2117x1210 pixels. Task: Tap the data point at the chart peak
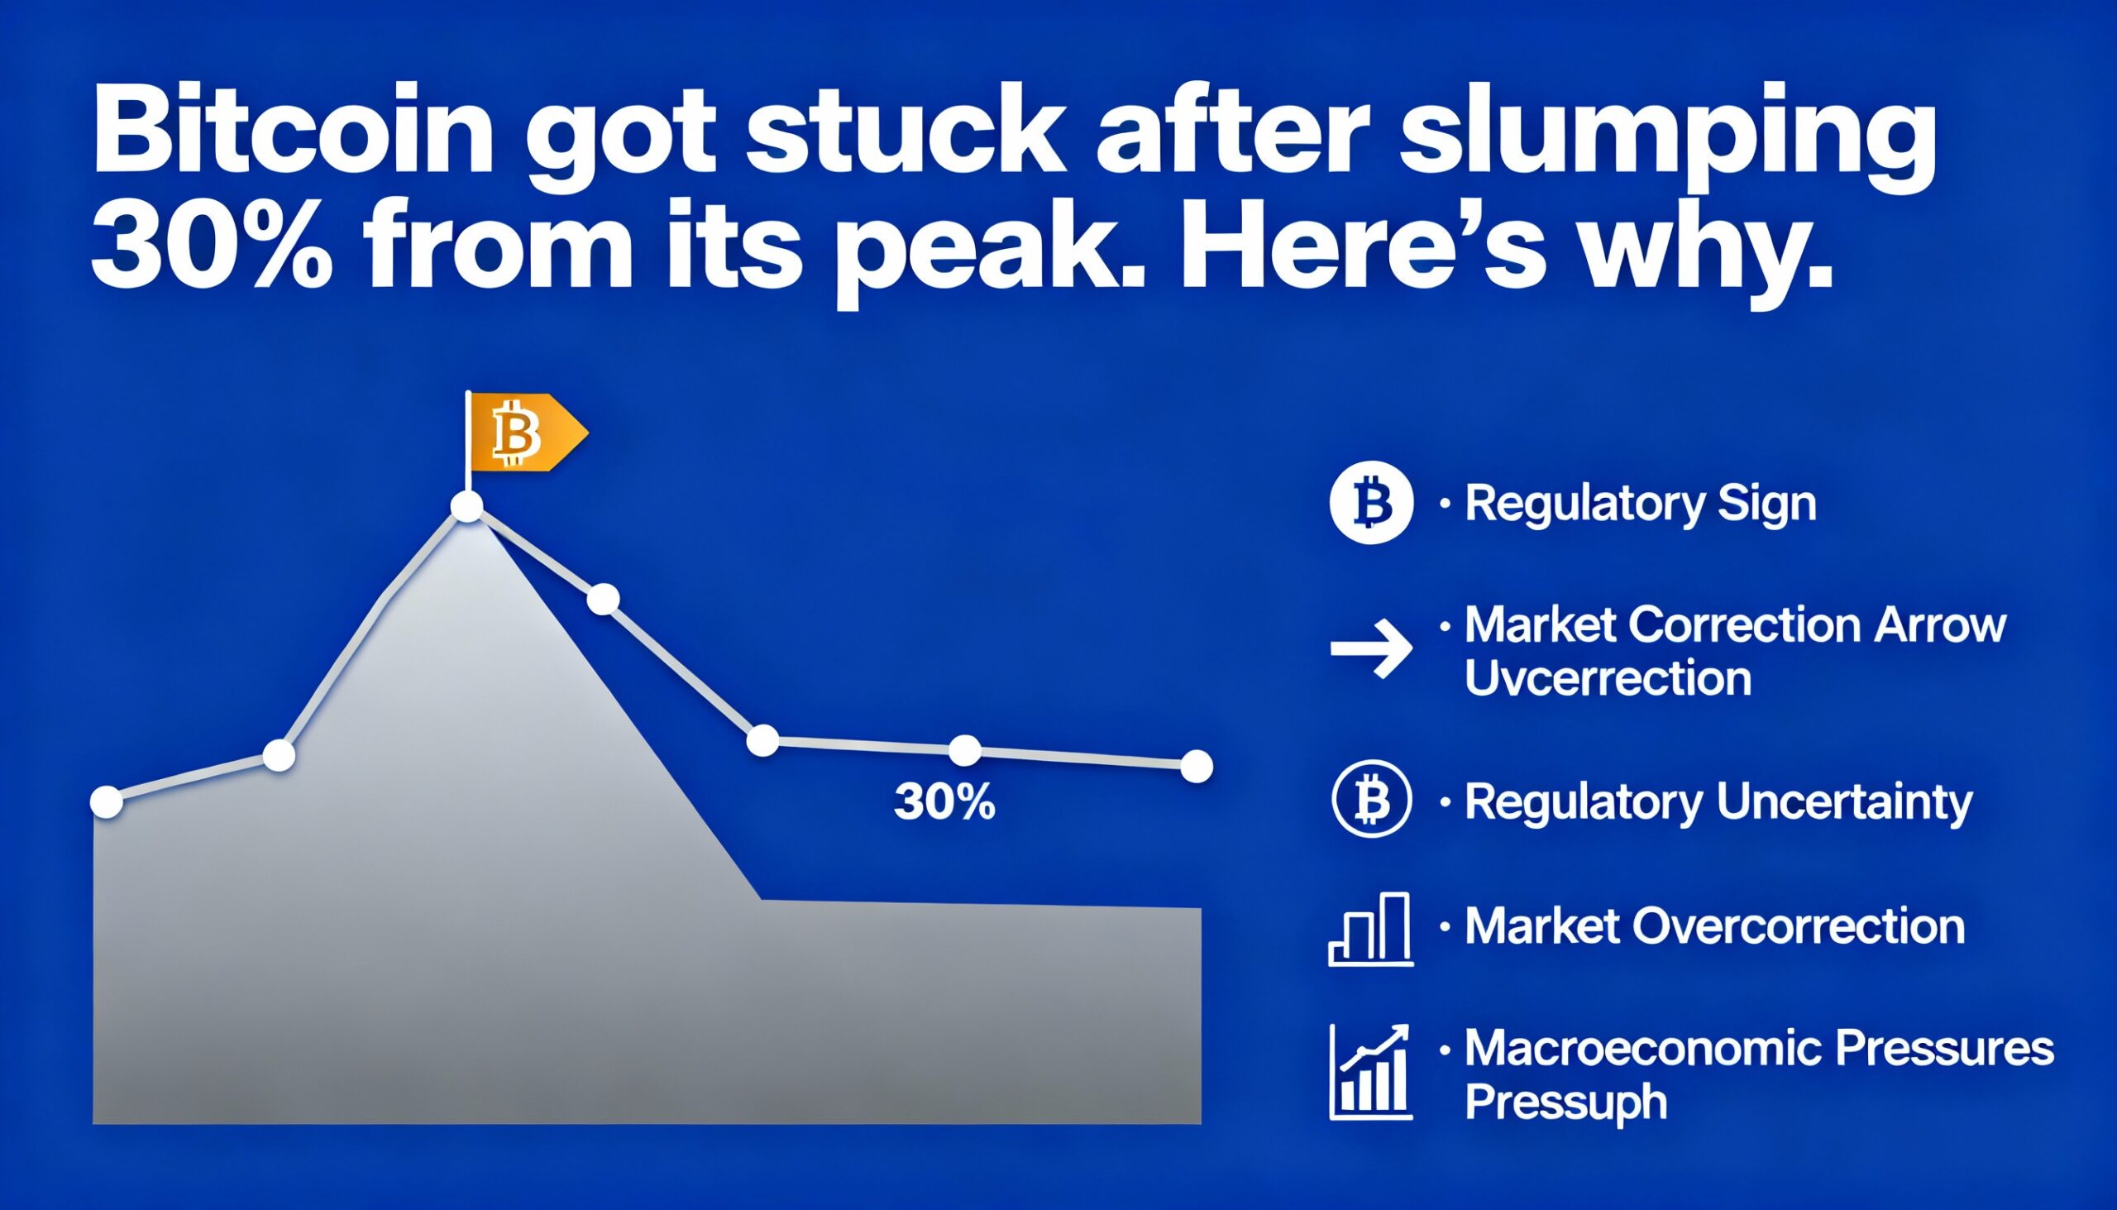466,506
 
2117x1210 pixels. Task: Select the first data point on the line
106,802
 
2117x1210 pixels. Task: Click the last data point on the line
1196,766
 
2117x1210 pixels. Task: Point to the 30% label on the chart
944,803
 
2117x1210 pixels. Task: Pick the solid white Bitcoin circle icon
1371,503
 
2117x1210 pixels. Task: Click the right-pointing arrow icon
1371,648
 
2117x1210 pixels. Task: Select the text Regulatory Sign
1639,504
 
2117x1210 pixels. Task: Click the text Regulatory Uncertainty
1718,803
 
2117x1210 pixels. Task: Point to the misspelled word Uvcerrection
1608,679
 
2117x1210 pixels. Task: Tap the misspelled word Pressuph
1565,1102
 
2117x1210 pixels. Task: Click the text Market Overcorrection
1714,925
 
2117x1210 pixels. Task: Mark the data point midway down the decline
603,599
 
